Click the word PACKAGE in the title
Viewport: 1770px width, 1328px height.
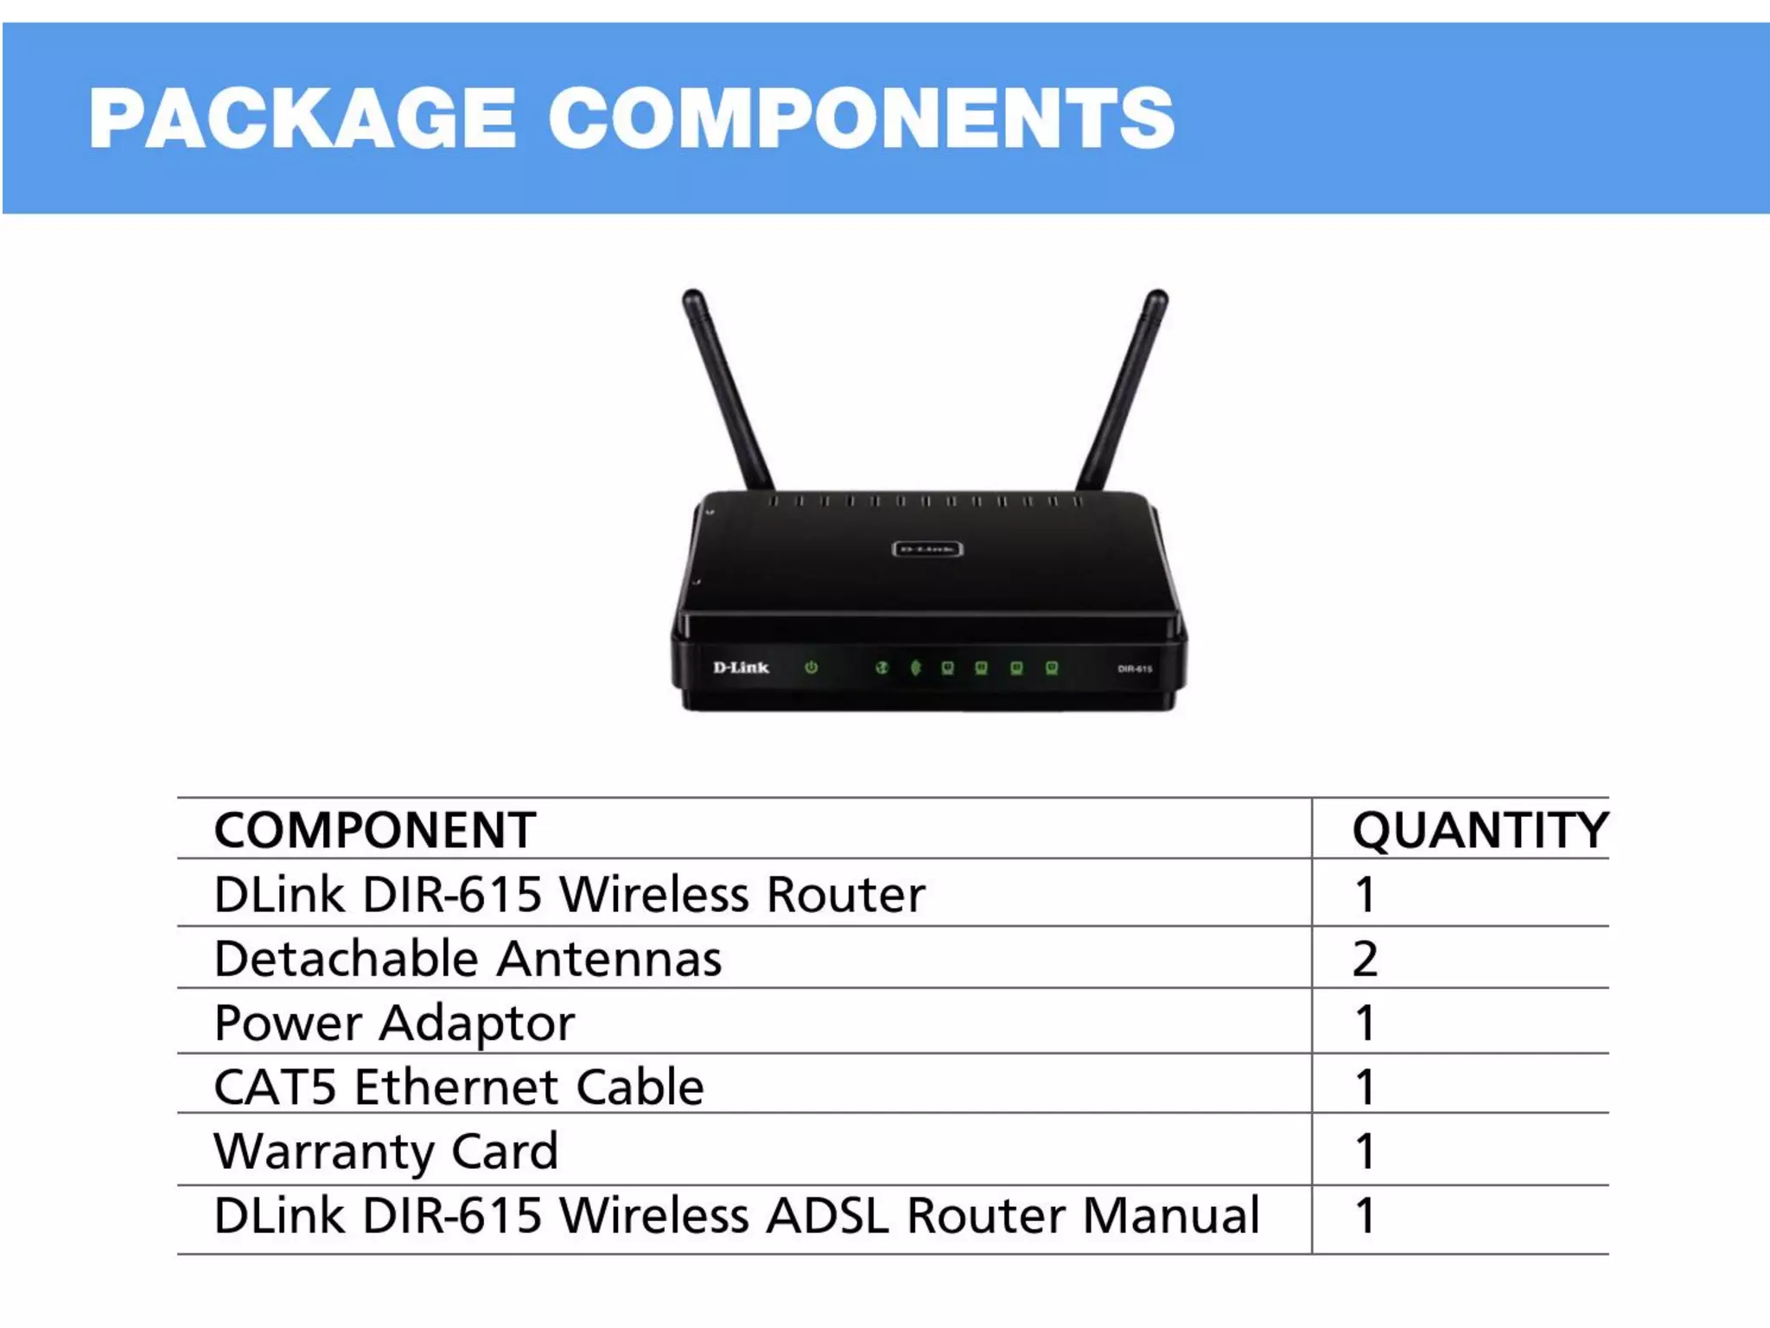point(302,118)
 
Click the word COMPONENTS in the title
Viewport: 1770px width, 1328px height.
point(861,118)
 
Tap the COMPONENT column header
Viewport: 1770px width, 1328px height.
point(375,830)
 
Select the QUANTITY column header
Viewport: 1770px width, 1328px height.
point(1480,830)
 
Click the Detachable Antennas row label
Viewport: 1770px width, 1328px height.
point(468,959)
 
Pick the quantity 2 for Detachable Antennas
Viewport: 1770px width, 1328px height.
point(1365,959)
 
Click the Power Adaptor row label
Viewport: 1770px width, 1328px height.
point(394,1024)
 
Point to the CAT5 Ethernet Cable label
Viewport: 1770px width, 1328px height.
point(459,1087)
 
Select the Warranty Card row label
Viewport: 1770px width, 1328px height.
point(386,1151)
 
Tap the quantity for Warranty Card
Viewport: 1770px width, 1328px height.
point(1365,1151)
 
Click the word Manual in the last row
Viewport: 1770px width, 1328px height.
point(1170,1216)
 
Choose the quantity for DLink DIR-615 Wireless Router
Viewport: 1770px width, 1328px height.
point(1365,895)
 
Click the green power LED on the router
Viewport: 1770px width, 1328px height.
point(811,667)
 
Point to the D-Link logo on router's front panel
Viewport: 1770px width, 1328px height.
point(741,667)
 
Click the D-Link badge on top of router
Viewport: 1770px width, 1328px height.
point(926,549)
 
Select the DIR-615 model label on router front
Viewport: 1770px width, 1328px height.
point(1134,668)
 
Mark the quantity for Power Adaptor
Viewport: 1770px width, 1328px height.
point(1365,1024)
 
